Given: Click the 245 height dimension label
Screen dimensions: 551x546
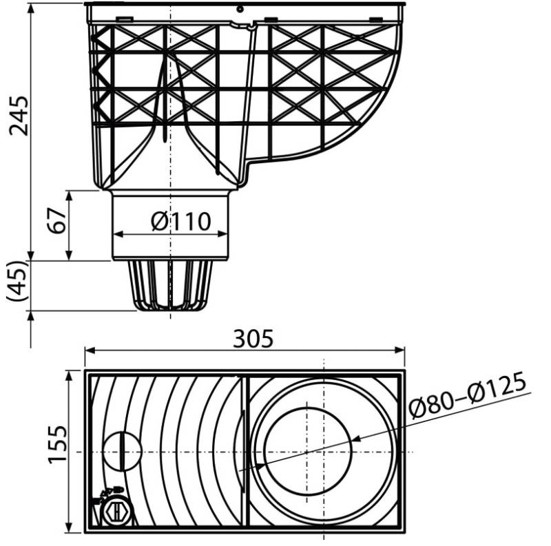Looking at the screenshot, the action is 19,115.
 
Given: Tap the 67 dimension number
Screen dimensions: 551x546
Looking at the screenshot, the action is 57,220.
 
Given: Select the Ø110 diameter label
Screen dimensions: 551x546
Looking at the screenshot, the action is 181,221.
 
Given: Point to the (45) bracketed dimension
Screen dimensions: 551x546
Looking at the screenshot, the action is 17,281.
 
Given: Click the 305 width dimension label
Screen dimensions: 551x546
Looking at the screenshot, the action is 253,339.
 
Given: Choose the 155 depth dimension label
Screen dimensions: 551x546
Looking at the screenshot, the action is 57,445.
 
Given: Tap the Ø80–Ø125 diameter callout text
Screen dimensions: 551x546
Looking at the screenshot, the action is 468,395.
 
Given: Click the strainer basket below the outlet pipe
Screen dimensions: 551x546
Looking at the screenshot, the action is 170,286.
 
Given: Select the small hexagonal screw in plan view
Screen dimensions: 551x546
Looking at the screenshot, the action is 116,511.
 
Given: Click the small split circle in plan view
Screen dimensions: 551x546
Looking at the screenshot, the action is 123,451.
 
